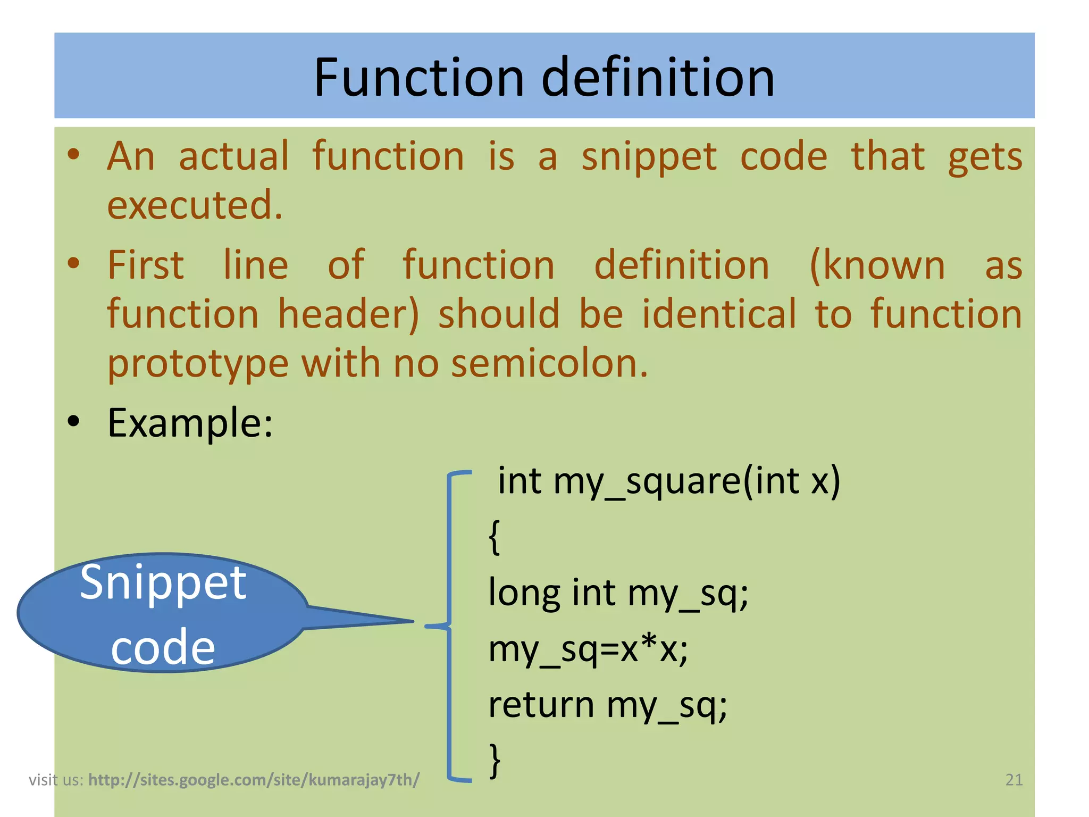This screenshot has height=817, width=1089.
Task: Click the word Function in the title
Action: (x=419, y=78)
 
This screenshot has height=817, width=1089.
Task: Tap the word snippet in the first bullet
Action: (x=649, y=157)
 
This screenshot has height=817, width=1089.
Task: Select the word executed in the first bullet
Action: (x=195, y=205)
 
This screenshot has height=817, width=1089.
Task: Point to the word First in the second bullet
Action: (x=146, y=265)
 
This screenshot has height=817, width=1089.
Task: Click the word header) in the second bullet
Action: (x=348, y=314)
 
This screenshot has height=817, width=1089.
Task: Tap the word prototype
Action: (x=198, y=365)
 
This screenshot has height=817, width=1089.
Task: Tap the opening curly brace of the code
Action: (x=495, y=537)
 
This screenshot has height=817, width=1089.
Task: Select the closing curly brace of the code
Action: (x=495, y=761)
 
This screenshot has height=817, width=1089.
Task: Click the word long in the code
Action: (x=524, y=594)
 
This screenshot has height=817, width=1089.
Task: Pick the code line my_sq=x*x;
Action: (x=588, y=650)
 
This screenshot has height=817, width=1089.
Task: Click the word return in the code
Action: (x=541, y=705)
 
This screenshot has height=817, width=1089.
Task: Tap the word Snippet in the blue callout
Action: (x=163, y=583)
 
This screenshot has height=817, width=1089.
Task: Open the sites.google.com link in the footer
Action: (x=254, y=780)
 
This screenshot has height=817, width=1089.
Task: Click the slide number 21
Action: (x=1014, y=780)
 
